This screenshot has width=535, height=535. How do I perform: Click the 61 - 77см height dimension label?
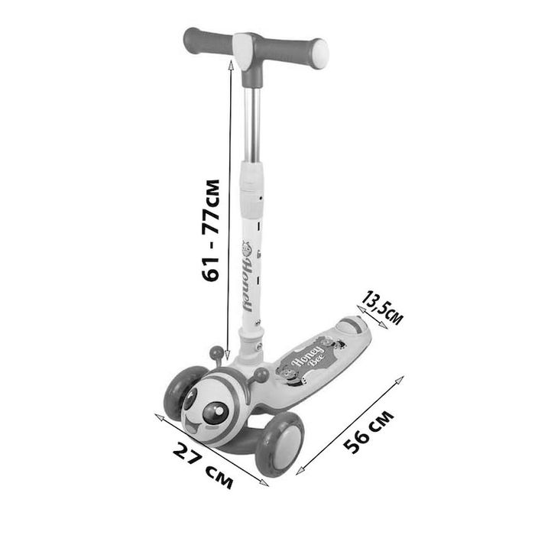[x=210, y=229]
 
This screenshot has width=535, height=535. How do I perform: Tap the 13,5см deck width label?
[x=382, y=307]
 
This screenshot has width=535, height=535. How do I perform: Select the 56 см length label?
[x=368, y=432]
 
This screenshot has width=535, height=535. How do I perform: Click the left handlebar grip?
[x=208, y=42]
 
